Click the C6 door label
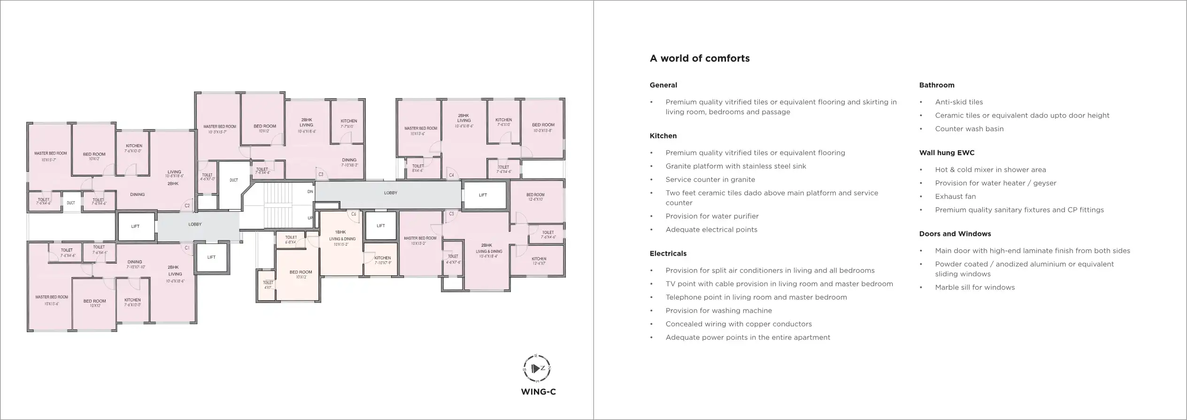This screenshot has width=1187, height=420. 354,214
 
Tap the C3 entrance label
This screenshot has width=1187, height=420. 321,174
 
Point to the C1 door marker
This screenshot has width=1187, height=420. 187,248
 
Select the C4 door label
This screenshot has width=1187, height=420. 451,175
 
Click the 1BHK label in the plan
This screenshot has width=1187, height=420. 340,232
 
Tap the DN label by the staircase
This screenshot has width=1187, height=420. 310,192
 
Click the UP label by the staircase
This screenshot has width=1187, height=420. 310,218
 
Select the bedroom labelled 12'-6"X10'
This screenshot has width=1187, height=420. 535,197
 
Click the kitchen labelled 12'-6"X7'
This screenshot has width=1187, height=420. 539,261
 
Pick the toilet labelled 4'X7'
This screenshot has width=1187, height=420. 268,285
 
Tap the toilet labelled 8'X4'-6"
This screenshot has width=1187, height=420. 417,168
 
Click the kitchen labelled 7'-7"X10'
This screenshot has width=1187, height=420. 348,124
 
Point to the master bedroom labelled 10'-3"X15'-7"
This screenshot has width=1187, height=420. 219,129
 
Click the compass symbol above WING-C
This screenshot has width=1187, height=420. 537,368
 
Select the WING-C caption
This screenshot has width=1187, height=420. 538,392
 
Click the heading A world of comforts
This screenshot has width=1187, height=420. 699,59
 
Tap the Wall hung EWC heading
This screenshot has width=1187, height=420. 947,153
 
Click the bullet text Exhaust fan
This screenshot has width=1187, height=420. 955,196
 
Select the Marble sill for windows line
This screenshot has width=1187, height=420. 974,288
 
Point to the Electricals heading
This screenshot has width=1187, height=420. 668,254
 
